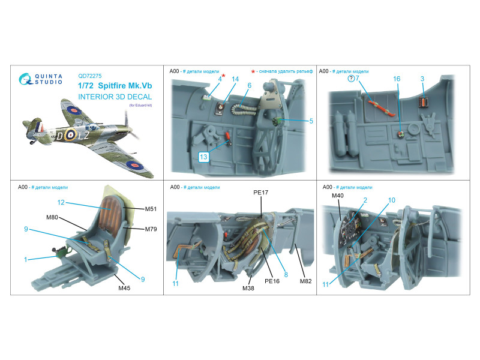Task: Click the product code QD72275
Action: pos(89,76)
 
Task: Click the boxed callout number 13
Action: pos(203,157)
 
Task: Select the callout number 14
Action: pos(235,79)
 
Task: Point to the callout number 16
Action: pos(397,79)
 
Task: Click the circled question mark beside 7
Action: pos(351,79)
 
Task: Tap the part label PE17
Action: pos(260,192)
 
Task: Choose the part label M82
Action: pos(305,281)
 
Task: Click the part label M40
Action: pos(337,196)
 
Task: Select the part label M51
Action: pos(151,209)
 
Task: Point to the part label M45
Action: pos(124,288)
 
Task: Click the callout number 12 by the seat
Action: pos(61,202)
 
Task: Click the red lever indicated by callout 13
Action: pos(228,136)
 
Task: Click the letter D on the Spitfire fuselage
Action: pos(59,136)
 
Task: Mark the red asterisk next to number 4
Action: pos(223,76)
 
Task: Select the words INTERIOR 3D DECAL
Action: pos(115,97)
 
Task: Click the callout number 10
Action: pos(392,200)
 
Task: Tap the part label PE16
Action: pos(272,281)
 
